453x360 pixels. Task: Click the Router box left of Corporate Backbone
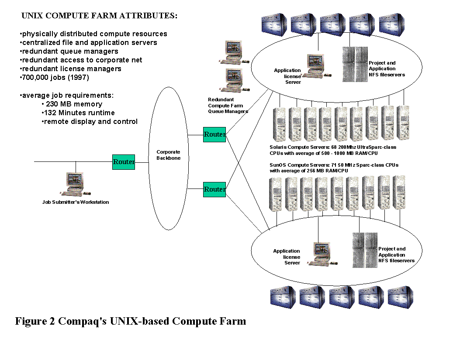(124, 162)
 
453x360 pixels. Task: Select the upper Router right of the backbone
(214, 134)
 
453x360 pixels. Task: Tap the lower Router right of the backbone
(214, 189)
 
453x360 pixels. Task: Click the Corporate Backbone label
(168, 155)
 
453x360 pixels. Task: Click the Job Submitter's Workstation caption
(76, 202)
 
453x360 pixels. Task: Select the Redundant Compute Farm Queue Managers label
(228, 105)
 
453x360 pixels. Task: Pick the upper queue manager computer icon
(233, 51)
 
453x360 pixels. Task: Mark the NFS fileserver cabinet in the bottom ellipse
(365, 250)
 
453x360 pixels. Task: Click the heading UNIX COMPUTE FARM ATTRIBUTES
(100, 16)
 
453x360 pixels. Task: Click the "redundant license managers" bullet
(71, 69)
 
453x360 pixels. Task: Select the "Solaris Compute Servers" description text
(333, 150)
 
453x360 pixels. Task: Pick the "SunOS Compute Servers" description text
(334, 168)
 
